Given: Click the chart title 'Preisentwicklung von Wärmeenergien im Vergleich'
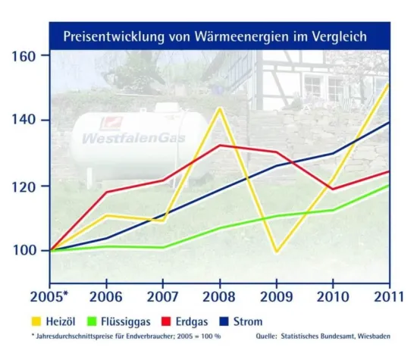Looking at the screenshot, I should coord(215,36).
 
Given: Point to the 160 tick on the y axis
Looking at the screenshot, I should coord(25,57).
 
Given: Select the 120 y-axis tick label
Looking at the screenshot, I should coord(25,186).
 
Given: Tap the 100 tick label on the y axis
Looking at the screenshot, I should coord(25,250).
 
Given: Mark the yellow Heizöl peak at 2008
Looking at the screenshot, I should coord(220,108).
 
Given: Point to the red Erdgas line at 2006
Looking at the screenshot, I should coord(106,192).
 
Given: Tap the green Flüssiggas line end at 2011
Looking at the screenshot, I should coord(390,185).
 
